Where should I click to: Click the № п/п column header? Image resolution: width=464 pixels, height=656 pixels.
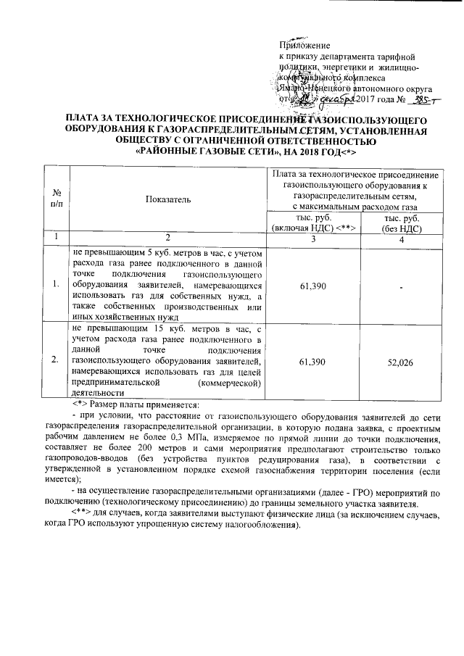pyautogui.click(x=55, y=198)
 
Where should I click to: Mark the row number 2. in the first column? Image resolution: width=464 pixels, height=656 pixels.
pyautogui.click(x=55, y=360)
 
